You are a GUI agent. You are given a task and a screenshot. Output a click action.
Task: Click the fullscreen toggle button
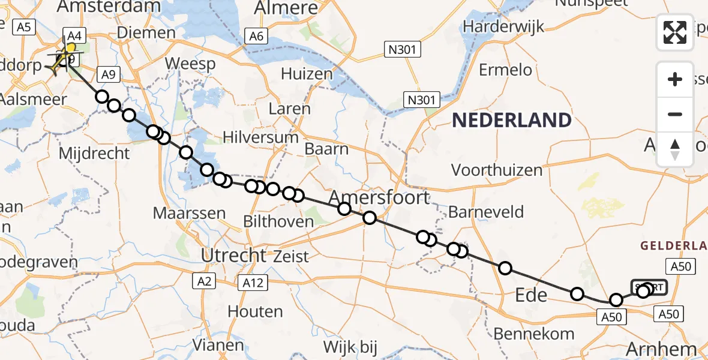[675, 32]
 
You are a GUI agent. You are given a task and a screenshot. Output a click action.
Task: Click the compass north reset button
[675, 149]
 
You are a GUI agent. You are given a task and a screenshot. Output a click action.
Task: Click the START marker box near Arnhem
[649, 287]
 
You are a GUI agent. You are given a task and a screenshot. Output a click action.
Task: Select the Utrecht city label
[233, 255]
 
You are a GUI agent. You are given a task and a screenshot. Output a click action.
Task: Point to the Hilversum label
[260, 137]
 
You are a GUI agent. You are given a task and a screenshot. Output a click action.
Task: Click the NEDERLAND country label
[511, 120]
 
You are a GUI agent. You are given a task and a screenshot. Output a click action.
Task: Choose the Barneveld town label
[486, 211]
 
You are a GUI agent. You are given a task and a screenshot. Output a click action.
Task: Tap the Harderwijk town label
[503, 26]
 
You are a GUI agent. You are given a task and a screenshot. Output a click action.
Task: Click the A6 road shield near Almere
[256, 37]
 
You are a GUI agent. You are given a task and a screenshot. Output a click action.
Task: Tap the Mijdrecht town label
[94, 153]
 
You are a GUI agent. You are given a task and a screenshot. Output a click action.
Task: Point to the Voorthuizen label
[496, 170]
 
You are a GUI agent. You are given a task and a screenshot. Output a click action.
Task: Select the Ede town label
[532, 295]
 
